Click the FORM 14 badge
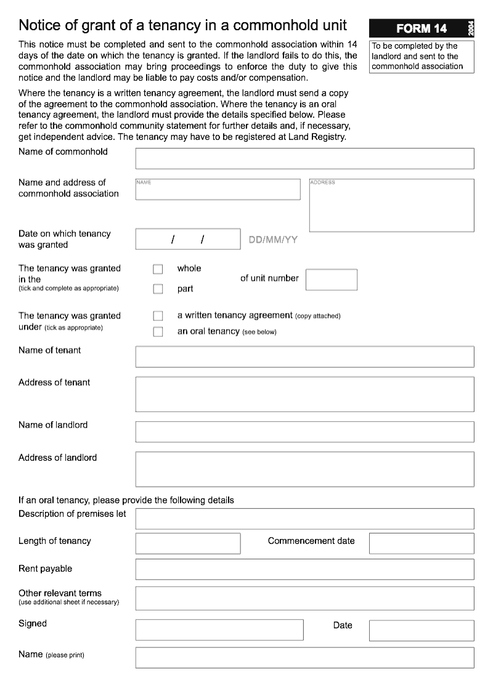click(x=422, y=28)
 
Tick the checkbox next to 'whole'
click(x=158, y=269)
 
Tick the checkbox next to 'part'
click(x=158, y=289)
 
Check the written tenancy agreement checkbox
click(x=158, y=316)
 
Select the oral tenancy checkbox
click(x=158, y=332)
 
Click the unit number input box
click(x=331, y=280)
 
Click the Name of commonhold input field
click(x=304, y=158)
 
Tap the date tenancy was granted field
click(x=188, y=239)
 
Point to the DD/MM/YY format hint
click(x=272, y=240)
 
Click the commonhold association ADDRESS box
click(x=391, y=205)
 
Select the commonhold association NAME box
click(x=218, y=190)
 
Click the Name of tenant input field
click(x=304, y=357)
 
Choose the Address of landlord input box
click(x=304, y=469)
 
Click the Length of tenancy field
click(x=188, y=543)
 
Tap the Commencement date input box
click(x=422, y=543)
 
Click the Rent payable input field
click(x=304, y=569)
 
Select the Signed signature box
click(x=219, y=630)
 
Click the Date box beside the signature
click(x=422, y=630)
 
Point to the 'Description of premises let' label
click(x=72, y=514)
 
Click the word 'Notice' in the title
click(x=39, y=25)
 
